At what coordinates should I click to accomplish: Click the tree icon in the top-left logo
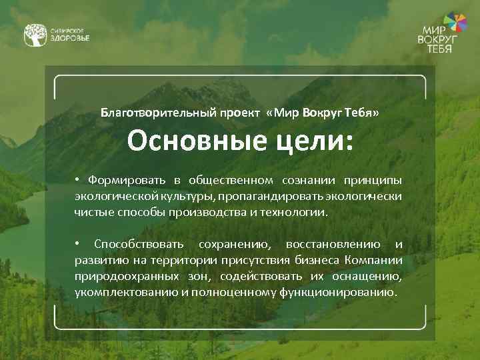tap(35, 35)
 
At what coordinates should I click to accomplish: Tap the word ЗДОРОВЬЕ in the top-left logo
tap(70, 39)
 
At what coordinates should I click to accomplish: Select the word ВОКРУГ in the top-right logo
tap(439, 41)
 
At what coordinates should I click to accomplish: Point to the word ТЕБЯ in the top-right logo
tap(439, 49)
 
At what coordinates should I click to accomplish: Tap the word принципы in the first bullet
tap(373, 180)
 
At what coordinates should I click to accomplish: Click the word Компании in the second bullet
tap(375, 259)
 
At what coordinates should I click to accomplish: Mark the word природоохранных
tap(126, 276)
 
